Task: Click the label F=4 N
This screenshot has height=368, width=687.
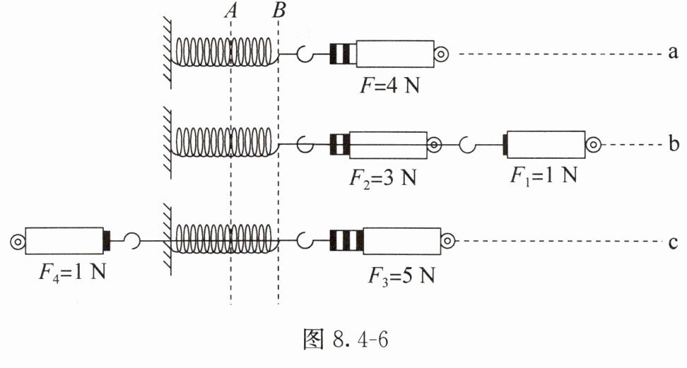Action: click(389, 85)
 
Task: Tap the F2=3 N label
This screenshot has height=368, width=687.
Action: click(382, 178)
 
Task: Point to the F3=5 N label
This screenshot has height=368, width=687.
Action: click(401, 276)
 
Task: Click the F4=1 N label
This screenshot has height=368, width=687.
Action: click(72, 272)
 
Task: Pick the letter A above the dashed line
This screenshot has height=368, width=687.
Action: click(231, 11)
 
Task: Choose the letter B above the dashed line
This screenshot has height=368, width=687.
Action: click(278, 11)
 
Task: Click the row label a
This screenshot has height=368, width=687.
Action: click(673, 53)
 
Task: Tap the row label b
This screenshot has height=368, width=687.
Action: click(674, 143)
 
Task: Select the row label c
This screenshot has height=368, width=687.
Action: click(674, 242)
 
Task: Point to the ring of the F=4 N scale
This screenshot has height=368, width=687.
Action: click(441, 54)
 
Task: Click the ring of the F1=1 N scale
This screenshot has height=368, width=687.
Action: click(593, 145)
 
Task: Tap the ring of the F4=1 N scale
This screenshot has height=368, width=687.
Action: click(17, 242)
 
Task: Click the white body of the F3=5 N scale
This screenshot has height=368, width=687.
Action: click(401, 241)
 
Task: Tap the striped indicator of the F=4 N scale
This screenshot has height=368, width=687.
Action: click(343, 54)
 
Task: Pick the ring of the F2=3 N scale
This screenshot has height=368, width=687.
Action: click(434, 145)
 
